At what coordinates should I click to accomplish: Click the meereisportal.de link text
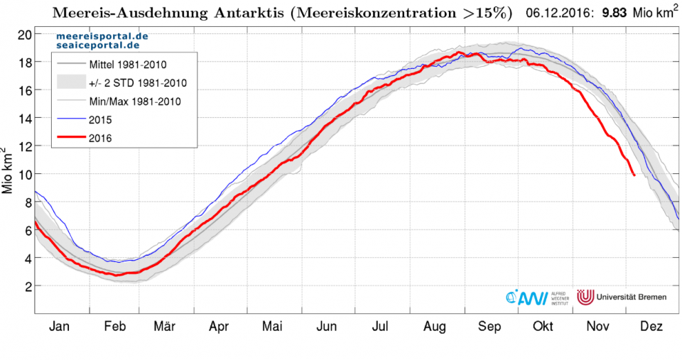pyautogui.click(x=102, y=35)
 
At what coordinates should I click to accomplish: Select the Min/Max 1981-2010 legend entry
pyautogui.click(x=134, y=101)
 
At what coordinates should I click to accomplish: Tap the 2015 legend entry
pyautogui.click(x=100, y=119)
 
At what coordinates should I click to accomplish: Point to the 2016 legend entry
pyautogui.click(x=100, y=138)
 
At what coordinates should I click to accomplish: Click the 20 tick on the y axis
pyautogui.click(x=23, y=34)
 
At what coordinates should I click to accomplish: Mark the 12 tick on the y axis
pyautogui.click(x=23, y=146)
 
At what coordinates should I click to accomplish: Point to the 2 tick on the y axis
pyautogui.click(x=27, y=286)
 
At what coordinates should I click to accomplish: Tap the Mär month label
pyautogui.click(x=165, y=327)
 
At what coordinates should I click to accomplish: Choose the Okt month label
pyautogui.click(x=543, y=327)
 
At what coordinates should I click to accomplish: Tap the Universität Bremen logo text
pyautogui.click(x=633, y=296)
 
